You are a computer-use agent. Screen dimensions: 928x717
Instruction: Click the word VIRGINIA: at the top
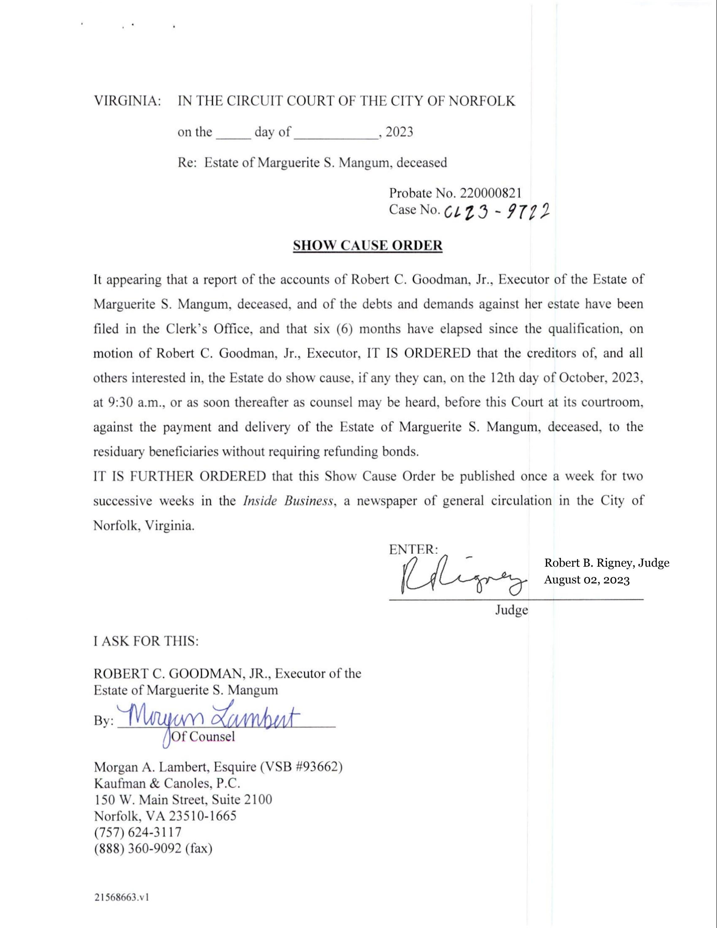click(127, 101)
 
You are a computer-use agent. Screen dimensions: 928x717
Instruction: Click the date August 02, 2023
click(587, 580)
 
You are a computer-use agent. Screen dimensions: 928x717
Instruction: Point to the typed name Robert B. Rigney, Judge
click(607, 563)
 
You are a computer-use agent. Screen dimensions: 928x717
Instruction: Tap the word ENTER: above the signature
click(413, 549)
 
